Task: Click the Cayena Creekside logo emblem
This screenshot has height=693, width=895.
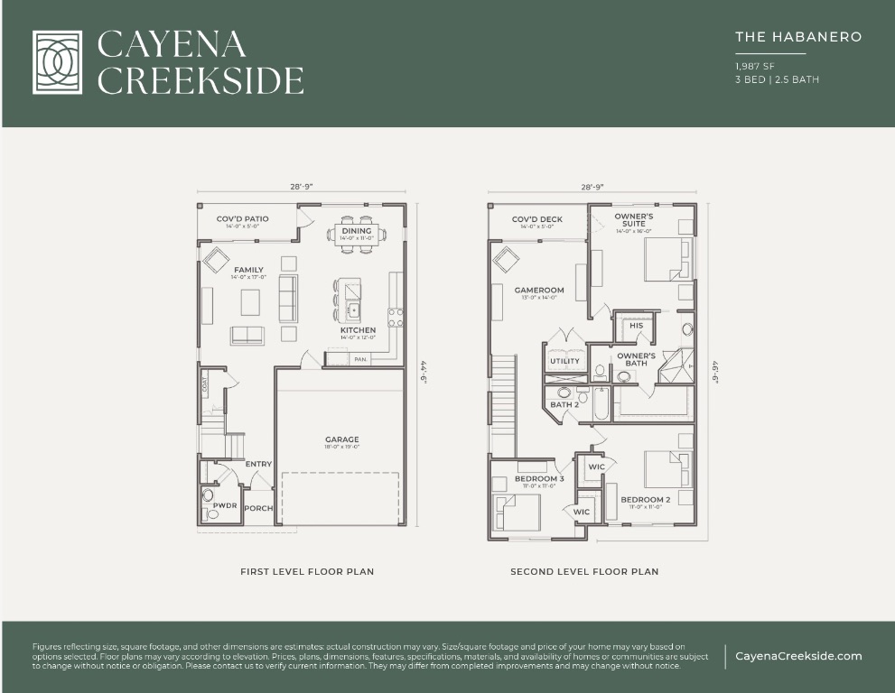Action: point(57,62)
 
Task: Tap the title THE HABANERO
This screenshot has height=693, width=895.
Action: point(798,37)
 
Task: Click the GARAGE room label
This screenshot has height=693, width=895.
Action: point(342,439)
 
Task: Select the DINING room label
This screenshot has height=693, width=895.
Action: point(357,232)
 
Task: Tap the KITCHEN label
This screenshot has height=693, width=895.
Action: point(358,330)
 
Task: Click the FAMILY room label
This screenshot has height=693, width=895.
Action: point(248,270)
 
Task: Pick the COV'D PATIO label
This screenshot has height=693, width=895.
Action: point(242,219)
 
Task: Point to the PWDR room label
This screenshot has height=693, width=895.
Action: point(225,505)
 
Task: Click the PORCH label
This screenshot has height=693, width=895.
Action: point(259,508)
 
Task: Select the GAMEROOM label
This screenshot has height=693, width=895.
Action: point(539,291)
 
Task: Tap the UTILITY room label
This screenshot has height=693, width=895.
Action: point(564,361)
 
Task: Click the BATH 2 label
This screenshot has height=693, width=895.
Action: point(564,404)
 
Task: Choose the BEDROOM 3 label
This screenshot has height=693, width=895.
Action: point(539,478)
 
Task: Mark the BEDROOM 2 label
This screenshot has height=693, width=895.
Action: point(645,500)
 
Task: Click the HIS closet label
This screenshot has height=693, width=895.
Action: point(637,326)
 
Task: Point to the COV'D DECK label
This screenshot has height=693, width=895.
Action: point(537,219)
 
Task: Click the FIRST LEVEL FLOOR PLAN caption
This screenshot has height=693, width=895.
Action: point(307,571)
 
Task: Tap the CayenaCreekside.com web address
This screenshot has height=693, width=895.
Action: point(798,656)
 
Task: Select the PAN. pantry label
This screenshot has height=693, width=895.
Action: point(360,359)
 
